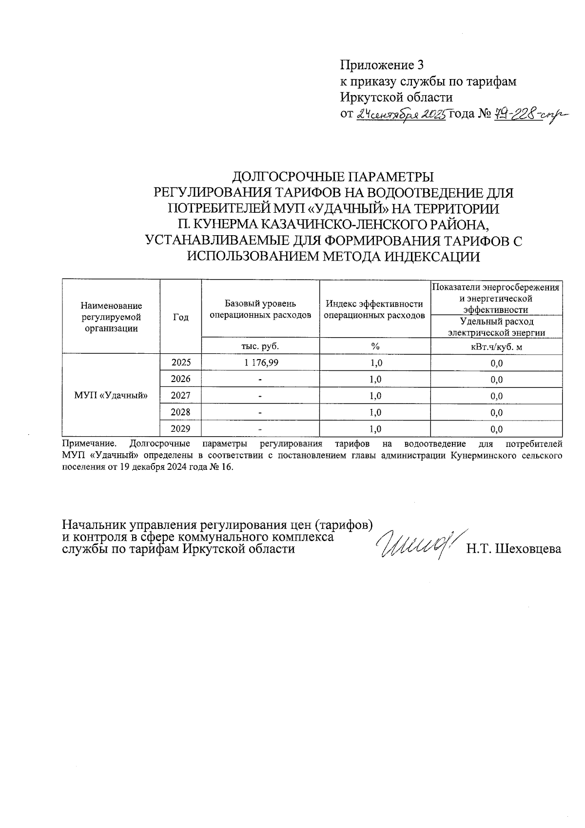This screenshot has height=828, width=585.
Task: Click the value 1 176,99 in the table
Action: tap(260, 363)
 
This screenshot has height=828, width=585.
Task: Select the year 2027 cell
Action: tap(180, 395)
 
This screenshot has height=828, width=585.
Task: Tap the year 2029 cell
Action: tap(180, 429)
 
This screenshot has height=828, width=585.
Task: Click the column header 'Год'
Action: tap(180, 317)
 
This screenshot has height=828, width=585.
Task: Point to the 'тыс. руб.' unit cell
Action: tap(260, 346)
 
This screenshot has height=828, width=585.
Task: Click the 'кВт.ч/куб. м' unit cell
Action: tap(496, 347)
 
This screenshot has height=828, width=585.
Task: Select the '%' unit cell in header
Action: tap(374, 346)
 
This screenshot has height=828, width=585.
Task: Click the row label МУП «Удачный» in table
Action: tap(111, 395)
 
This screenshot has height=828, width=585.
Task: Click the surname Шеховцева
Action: tap(528, 549)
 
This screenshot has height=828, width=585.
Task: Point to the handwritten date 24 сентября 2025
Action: tap(401, 115)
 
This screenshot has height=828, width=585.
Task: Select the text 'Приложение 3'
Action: tap(382, 65)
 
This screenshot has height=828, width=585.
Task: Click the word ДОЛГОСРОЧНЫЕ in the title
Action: tap(284, 176)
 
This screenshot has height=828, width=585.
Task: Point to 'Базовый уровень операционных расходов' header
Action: tap(260, 309)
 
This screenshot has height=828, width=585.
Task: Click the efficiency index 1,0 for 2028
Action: tap(374, 412)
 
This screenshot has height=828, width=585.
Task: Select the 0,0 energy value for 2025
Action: tap(496, 363)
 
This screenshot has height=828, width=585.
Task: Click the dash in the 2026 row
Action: tap(260, 379)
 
